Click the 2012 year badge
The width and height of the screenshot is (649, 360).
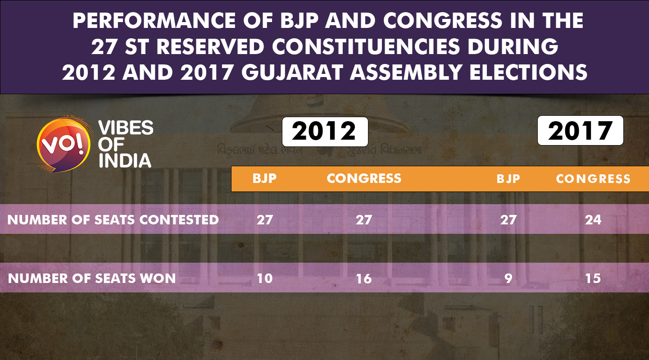point(325,132)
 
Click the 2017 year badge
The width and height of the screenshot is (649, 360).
point(580,131)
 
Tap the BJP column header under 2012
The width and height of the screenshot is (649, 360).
point(264,178)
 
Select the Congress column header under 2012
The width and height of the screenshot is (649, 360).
point(364,178)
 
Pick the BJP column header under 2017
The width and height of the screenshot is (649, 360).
point(508,178)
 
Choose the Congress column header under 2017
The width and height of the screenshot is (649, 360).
point(593,178)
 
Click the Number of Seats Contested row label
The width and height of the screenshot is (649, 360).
point(113,220)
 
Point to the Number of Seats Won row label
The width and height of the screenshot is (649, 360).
point(92,278)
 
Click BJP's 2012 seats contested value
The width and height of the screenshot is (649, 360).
point(265,220)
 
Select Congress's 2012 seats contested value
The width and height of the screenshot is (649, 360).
point(364,220)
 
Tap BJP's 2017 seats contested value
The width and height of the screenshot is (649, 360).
point(508,220)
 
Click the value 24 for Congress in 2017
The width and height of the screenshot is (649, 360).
point(593,220)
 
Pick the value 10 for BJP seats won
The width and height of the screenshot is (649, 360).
point(265,278)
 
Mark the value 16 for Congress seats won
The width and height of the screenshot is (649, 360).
point(364,278)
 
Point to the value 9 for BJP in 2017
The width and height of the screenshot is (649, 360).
point(508,278)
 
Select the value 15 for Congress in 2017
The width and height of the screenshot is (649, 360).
point(593,278)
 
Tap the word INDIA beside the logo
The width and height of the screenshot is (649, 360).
point(125,160)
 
